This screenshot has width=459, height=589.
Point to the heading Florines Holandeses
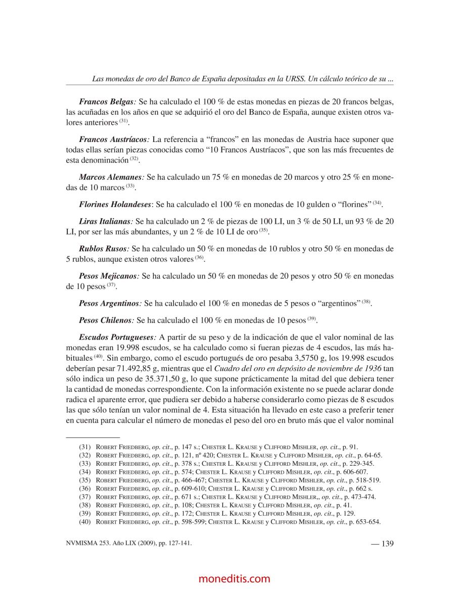coord(115,205)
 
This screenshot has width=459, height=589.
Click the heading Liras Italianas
coord(105,221)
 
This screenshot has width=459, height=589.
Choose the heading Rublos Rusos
coord(103,249)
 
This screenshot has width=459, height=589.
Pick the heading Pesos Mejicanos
coord(108,276)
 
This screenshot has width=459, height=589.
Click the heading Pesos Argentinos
coord(109,304)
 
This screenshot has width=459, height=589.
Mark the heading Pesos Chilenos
coord(106,320)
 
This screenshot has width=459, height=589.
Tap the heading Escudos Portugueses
coord(115,337)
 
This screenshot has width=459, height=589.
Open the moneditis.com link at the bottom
coord(235,579)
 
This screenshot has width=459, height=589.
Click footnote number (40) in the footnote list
coord(84,522)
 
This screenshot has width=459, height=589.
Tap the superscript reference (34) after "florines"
coord(377,203)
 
